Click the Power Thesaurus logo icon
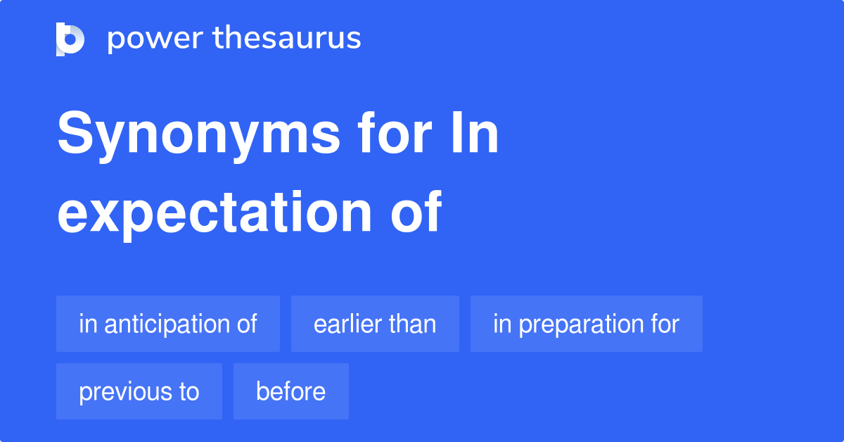click(x=70, y=39)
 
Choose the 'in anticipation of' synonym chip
click(x=168, y=324)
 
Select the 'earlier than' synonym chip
click(x=375, y=324)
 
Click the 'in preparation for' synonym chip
click(x=586, y=324)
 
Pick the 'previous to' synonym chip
click(x=139, y=391)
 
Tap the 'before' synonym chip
click(x=290, y=391)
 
